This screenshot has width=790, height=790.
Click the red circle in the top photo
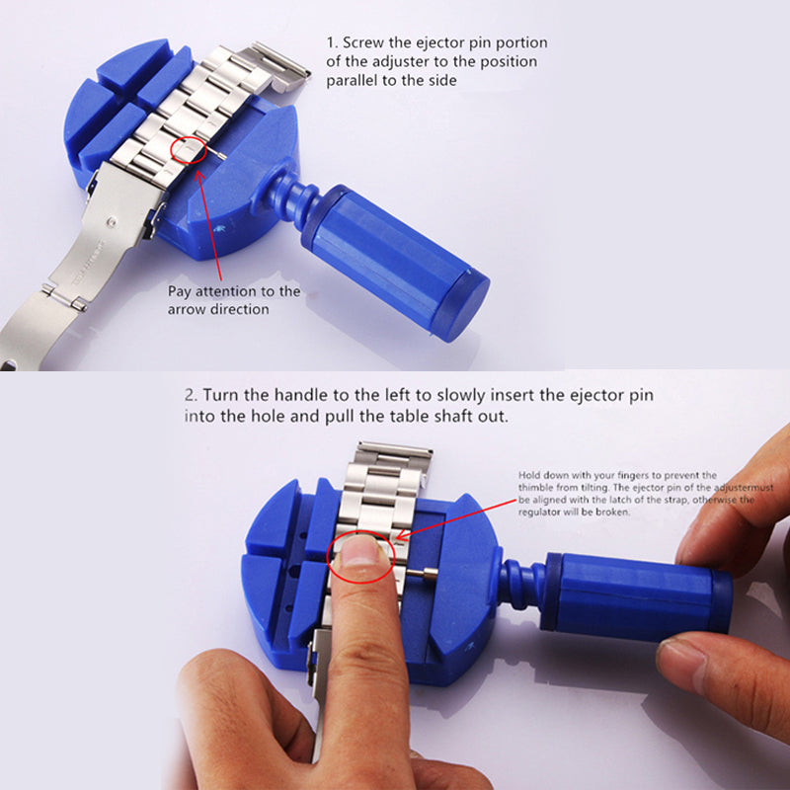(171, 150)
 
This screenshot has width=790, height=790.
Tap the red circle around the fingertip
(328, 559)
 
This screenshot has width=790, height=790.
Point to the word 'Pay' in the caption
(180, 292)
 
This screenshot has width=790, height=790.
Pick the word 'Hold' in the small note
(529, 475)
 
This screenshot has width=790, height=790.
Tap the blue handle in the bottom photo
(636, 598)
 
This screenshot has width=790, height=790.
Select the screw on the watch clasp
(112, 221)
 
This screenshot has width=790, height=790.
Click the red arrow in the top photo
(208, 225)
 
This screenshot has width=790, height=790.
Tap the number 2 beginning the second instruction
(189, 395)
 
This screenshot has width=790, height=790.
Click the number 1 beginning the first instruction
(330, 42)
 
